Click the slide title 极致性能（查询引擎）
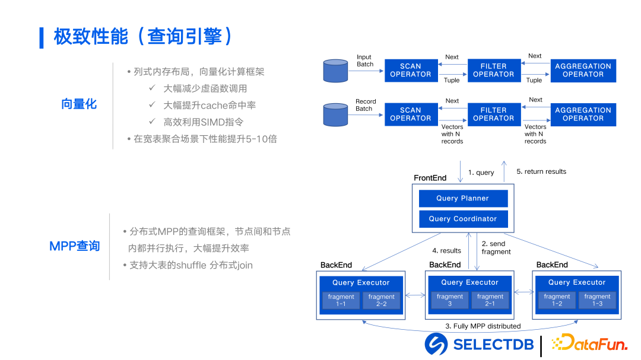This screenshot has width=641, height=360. coord(143,37)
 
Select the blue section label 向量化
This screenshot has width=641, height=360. coord(78,104)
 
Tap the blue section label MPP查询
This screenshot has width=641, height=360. coord(75,246)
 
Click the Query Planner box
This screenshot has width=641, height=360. coord(463,198)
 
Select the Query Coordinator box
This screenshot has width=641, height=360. coord(463,219)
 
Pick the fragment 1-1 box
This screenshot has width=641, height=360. coord(341,301)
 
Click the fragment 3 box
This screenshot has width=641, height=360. coord(450,301)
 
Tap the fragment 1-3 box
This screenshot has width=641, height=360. coord(597,301)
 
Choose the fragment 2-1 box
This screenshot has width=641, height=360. coord(490,301)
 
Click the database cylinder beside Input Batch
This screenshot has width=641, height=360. coord(335,71)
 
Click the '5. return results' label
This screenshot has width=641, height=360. coord(541,171)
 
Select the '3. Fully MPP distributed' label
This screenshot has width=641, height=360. coord(483,326)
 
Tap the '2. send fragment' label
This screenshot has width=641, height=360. coord(496,248)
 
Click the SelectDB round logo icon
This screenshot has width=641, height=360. coord(436,344)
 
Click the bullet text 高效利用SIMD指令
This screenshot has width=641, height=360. coord(204,122)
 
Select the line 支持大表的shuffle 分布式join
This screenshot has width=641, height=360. coord(191,265)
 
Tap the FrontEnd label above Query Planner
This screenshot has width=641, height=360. coord(430,178)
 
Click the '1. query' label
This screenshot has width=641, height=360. coord(481,173)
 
